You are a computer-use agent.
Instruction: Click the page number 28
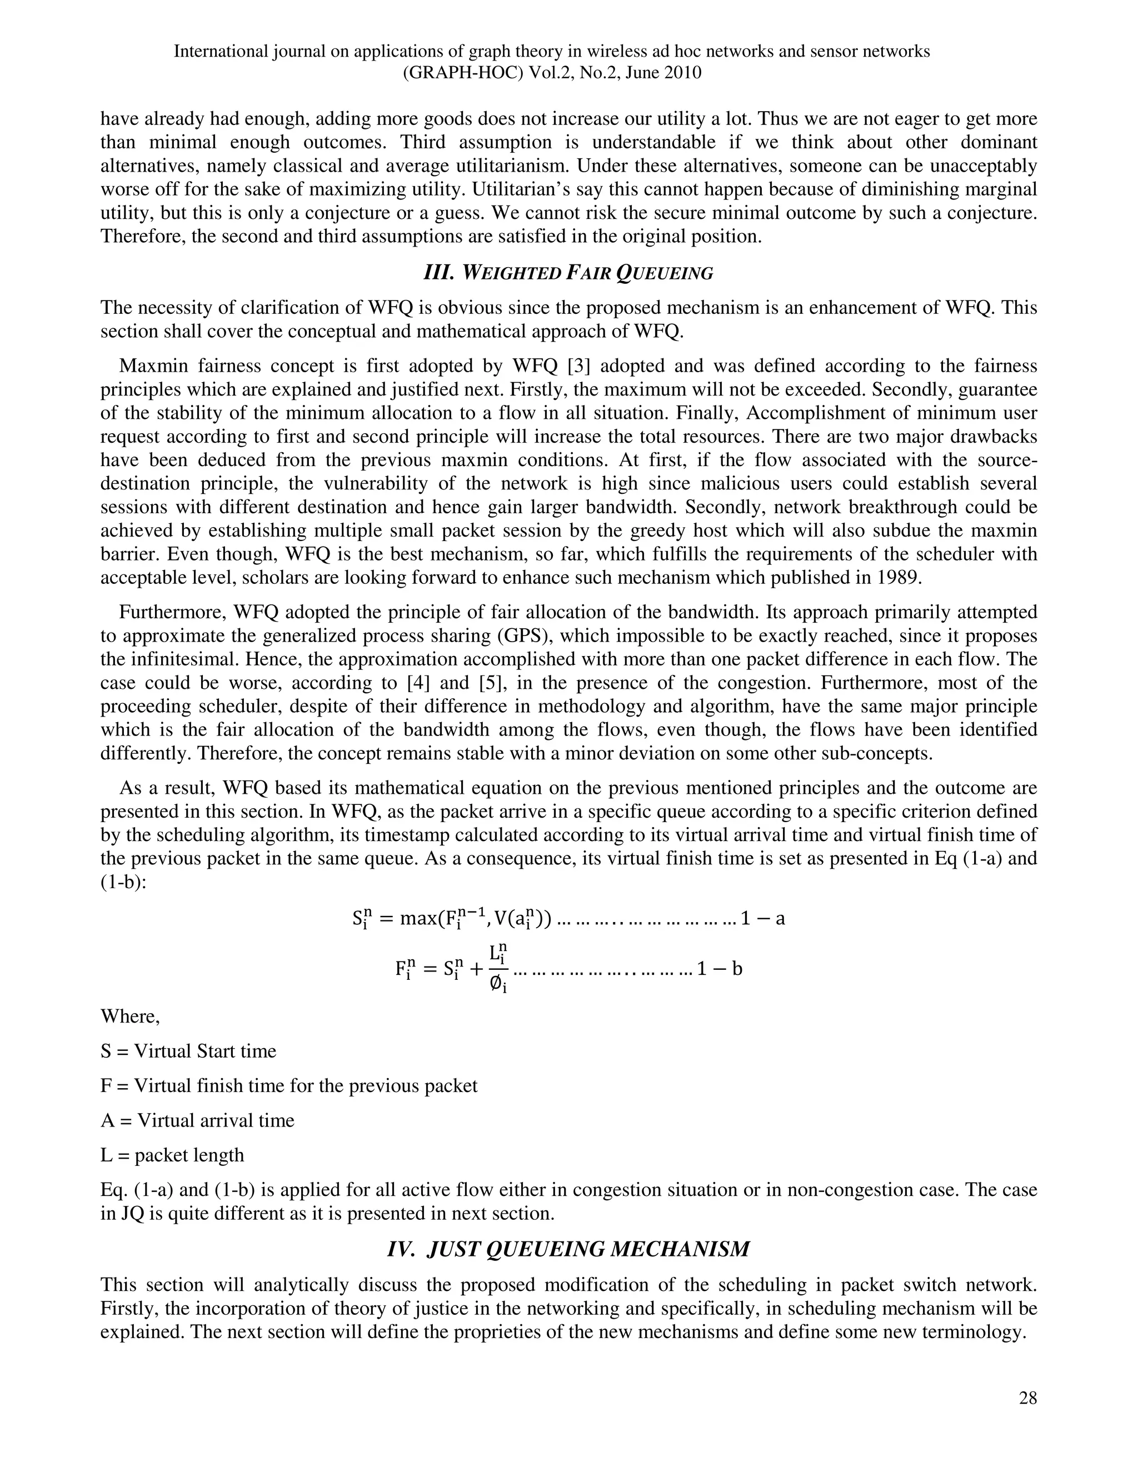pos(1027,1398)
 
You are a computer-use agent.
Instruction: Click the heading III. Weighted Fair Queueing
pos(568,273)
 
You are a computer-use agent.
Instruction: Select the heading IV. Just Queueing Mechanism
pos(568,1249)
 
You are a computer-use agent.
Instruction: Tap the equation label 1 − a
pos(762,919)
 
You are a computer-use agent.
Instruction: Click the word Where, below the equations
pos(130,1016)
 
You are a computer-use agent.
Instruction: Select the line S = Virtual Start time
pos(188,1051)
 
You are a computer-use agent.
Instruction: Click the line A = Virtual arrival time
pos(197,1120)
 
